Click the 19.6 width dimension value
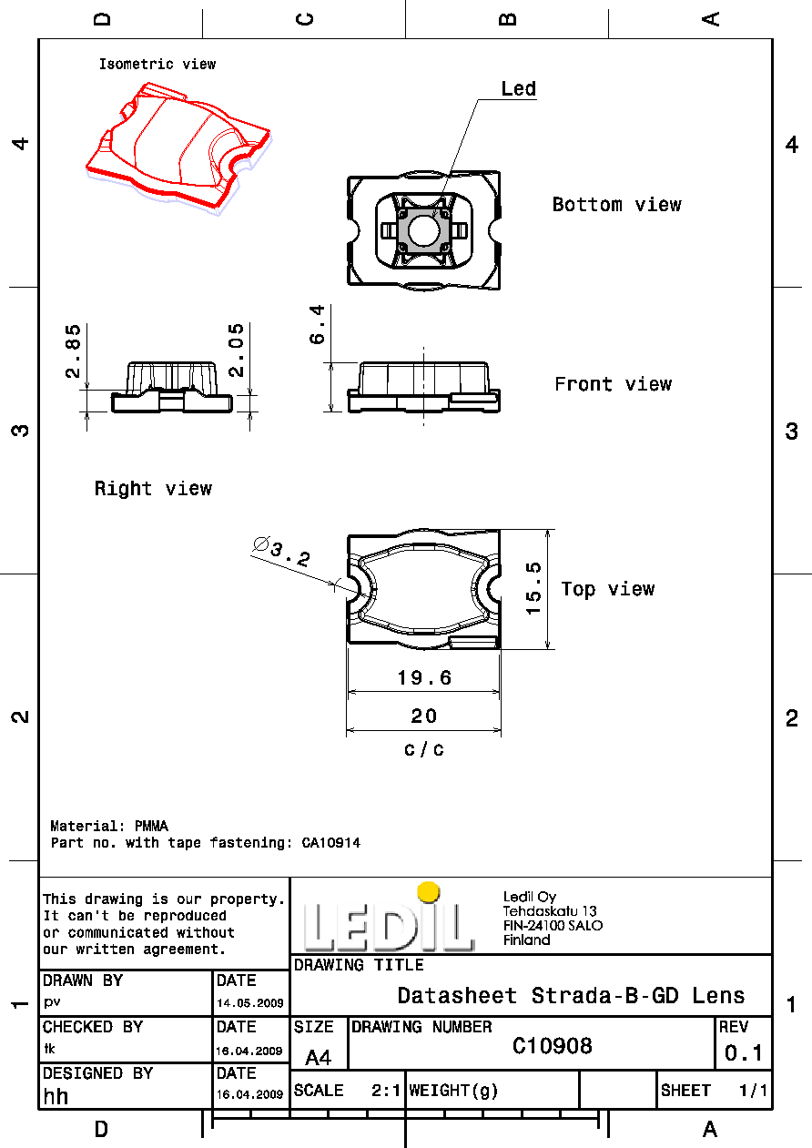pyautogui.click(x=424, y=677)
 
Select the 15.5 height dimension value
pyautogui.click(x=533, y=588)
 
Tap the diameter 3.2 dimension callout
pyautogui.click(x=281, y=551)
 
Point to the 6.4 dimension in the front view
pyautogui.click(x=317, y=324)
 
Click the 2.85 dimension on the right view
pyautogui.click(x=73, y=350)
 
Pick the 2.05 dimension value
pyautogui.click(x=236, y=350)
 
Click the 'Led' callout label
pyautogui.click(x=519, y=88)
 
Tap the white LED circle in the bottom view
pyautogui.click(x=423, y=230)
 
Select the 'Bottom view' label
pyautogui.click(x=617, y=205)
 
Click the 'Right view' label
pyautogui.click(x=153, y=488)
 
